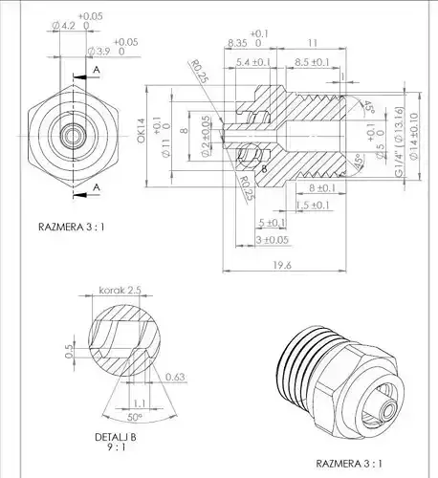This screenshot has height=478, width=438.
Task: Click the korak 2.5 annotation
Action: pyautogui.click(x=120, y=288)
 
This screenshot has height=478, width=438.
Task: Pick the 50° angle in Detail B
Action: pyautogui.click(x=135, y=417)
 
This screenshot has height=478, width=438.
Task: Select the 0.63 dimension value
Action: pyautogui.click(x=174, y=377)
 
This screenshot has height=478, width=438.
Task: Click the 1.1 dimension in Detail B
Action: pyautogui.click(x=140, y=403)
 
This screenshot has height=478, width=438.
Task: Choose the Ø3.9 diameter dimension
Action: pyautogui.click(x=99, y=49)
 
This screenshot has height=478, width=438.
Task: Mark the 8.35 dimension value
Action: pyautogui.click(x=239, y=44)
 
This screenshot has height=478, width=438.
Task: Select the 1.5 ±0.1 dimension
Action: pyautogui.click(x=314, y=205)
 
